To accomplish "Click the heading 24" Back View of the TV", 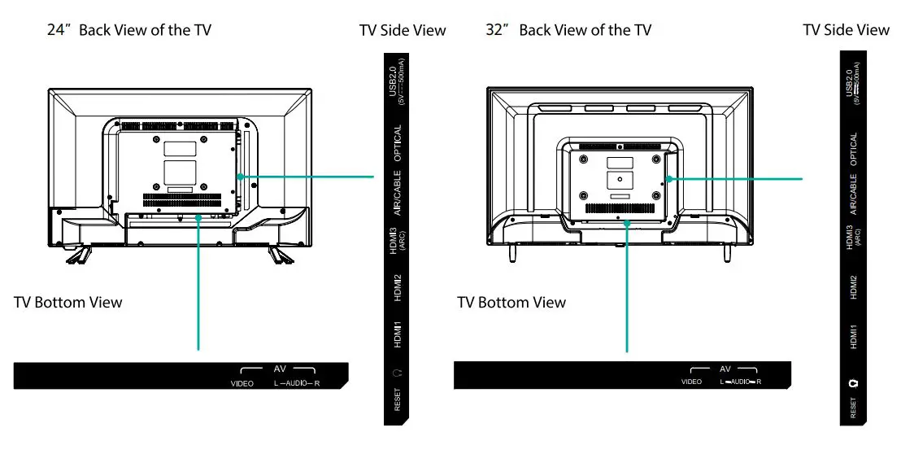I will point(131,31).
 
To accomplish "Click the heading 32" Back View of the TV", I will point(568,31).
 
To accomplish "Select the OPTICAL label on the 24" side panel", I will point(397,145).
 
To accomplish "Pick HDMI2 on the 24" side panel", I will point(397,288).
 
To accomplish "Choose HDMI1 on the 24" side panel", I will point(397,333).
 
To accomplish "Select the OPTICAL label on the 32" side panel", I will point(853,151).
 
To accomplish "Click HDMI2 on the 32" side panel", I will point(853,287).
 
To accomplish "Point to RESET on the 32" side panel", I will point(853,407).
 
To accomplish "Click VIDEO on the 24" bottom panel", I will point(242,383).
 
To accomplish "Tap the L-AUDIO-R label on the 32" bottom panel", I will point(740,381).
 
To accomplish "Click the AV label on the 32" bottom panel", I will point(725,369).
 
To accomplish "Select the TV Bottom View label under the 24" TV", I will point(68,303).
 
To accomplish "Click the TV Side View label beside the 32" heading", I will point(846,30).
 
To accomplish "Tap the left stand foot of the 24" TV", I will point(78,255).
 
